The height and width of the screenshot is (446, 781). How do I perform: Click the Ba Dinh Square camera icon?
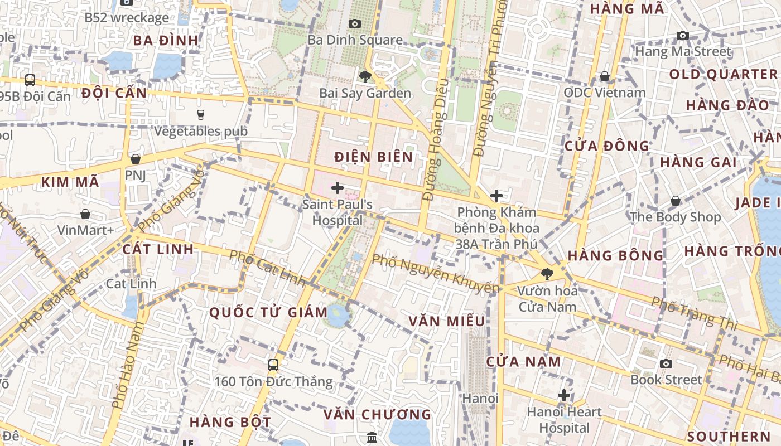[354, 23]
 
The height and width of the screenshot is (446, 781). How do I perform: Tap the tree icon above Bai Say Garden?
[365, 76]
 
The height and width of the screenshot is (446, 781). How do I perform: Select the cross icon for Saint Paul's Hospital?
[338, 188]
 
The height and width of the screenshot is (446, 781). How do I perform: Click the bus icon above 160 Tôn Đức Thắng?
[273, 365]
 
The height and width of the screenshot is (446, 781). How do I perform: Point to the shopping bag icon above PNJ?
[135, 159]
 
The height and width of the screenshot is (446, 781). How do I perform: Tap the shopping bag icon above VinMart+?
[85, 214]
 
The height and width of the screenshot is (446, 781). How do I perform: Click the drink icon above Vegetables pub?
[201, 114]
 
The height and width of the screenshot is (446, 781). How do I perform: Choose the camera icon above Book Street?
[666, 363]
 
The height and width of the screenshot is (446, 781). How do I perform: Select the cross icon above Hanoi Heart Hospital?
[564, 395]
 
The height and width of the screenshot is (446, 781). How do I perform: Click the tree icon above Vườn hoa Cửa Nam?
[547, 274]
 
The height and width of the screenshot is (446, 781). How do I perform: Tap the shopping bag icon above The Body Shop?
[676, 200]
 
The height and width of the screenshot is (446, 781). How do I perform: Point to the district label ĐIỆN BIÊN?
[374, 157]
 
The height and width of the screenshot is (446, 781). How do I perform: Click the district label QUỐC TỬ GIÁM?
[268, 312]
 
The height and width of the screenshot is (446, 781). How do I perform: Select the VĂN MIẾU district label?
[446, 322]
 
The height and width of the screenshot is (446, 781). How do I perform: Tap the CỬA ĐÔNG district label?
[607, 146]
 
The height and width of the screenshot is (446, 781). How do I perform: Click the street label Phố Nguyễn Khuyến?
[435, 273]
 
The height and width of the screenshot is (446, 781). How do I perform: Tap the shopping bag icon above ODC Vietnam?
[604, 76]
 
